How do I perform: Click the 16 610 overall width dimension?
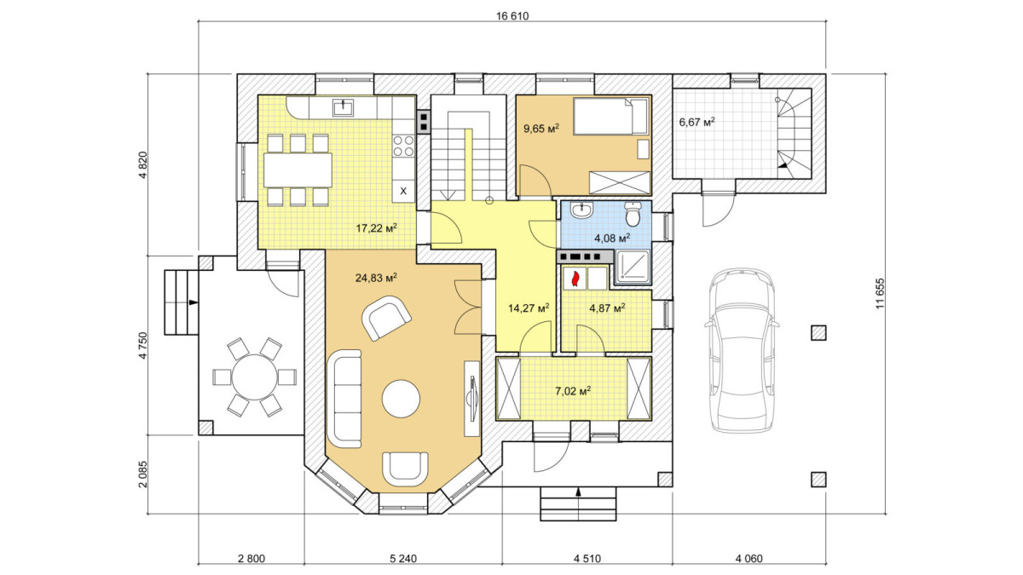[512, 16]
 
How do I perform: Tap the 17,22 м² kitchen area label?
[376, 227]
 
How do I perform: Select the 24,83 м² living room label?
[376, 278]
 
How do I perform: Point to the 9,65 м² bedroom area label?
[541, 129]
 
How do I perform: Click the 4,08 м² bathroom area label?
[612, 238]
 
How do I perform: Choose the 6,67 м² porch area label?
[697, 122]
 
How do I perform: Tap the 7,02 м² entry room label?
[573, 391]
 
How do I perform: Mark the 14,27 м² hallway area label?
[529, 308]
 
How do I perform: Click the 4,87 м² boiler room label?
[607, 308]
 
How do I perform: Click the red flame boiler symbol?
[575, 279]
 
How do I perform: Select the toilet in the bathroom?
[633, 214]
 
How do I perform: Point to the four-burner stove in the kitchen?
[404, 146]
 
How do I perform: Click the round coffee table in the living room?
[401, 399]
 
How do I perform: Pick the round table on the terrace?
[254, 377]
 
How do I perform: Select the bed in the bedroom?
[610, 116]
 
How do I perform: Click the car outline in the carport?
[742, 350]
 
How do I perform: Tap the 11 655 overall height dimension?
[880, 293]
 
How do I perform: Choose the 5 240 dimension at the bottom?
[404, 559]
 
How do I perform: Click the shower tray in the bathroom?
[632, 266]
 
